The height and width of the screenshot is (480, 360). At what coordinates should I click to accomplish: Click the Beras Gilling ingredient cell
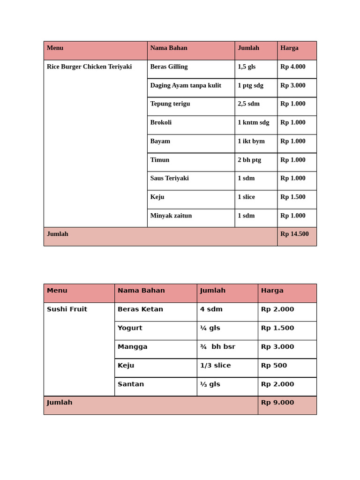pos(169,67)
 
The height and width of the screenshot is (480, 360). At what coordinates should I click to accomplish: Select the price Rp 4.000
pos(292,67)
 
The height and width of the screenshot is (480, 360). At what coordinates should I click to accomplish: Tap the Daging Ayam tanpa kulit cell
pos(186,85)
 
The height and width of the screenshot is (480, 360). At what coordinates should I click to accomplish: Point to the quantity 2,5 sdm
pos(248,104)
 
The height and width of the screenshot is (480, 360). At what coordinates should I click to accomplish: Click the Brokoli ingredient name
pos(161,122)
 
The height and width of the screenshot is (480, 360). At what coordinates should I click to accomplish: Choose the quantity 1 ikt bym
pos(251,141)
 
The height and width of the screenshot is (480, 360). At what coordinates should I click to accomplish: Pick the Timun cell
pos(160,160)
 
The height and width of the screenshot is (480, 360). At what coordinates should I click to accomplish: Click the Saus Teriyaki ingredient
pos(169,178)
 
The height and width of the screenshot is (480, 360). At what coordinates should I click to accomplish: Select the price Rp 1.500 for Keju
pos(292,197)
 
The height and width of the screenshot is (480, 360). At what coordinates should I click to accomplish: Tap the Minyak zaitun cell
pos(171,216)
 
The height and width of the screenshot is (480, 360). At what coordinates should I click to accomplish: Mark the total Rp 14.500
pos(294,234)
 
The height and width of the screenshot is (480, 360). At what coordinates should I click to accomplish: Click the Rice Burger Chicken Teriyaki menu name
pos(89,67)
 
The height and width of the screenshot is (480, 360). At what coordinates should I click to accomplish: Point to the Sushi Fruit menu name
pos(67,309)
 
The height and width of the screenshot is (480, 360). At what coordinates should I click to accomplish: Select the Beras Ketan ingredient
pos(140,309)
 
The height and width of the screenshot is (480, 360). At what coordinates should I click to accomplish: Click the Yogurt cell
pos(130,328)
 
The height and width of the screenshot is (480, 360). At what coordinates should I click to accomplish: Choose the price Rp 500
pos(274,366)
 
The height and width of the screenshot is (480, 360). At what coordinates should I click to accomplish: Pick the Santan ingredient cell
pos(131,384)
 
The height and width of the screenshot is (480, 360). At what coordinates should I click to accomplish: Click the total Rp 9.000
pos(277,403)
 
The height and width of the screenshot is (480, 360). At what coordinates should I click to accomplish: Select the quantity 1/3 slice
pos(215,366)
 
